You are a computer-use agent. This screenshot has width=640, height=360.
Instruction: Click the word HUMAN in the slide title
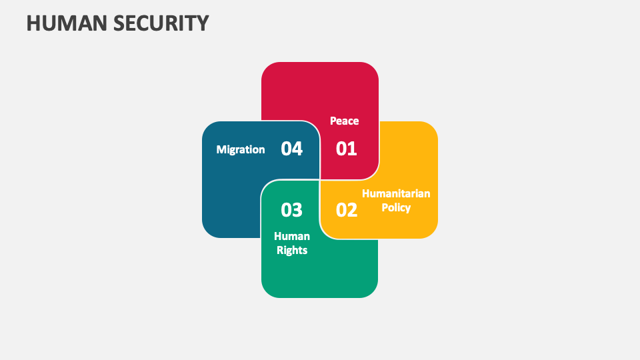[x=63, y=23]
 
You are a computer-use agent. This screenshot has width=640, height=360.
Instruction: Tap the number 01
[x=346, y=149]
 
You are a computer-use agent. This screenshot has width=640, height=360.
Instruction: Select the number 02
[x=346, y=210]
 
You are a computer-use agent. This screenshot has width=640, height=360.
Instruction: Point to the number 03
[x=291, y=210]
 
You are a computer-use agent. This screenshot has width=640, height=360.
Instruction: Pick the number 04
[x=291, y=149]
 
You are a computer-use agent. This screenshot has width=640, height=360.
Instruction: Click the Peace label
[x=344, y=121]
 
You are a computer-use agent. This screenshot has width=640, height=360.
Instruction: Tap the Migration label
[x=240, y=149]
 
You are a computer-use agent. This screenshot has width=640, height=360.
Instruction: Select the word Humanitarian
[x=396, y=193]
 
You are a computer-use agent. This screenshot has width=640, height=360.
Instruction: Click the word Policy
[x=396, y=207]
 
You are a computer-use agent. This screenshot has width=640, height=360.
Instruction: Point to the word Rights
[x=292, y=250]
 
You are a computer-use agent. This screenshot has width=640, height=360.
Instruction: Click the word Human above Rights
[x=292, y=236]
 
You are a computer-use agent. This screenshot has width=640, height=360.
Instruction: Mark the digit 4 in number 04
[x=297, y=149]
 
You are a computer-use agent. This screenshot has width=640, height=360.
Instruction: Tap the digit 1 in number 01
[x=352, y=149]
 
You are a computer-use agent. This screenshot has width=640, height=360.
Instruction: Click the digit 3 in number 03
[x=297, y=210]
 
